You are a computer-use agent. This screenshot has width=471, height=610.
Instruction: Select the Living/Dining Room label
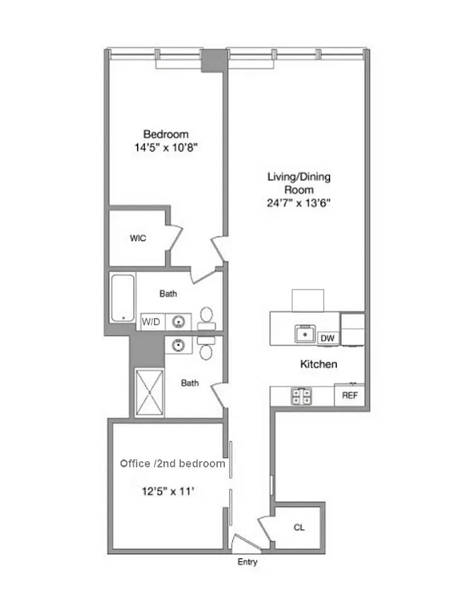(299, 183)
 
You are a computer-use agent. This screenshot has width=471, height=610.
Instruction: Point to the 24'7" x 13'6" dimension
(299, 203)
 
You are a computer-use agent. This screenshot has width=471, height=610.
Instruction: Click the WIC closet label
(138, 239)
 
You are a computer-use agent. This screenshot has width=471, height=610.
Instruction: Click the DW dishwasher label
(327, 338)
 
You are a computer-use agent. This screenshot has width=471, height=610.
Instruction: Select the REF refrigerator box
(350, 396)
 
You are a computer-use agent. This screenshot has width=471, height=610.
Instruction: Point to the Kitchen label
(317, 365)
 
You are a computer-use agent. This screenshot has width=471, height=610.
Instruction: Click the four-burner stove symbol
(301, 396)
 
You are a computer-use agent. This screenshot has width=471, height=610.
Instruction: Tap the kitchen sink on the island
(305, 332)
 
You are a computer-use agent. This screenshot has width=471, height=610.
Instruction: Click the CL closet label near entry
(299, 527)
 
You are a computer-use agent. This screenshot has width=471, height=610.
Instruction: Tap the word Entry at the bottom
(247, 563)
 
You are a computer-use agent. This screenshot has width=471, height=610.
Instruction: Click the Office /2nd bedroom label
(172, 464)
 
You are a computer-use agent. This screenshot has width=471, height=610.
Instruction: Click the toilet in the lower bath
(206, 350)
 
